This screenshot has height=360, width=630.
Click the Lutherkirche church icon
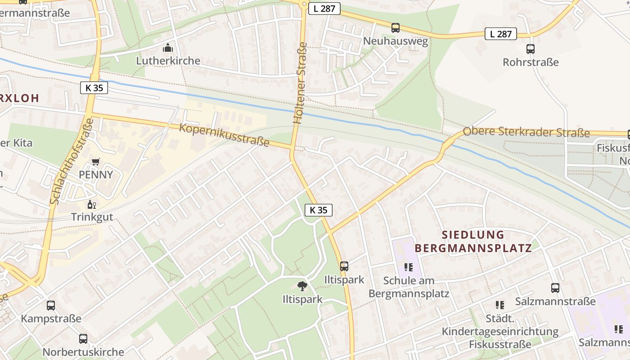pos(168,47)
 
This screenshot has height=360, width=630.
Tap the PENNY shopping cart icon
pos(95,162)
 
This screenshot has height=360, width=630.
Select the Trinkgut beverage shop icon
pos(92,205)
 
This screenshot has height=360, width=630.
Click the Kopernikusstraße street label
pos(224,135)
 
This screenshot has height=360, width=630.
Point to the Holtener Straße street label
pos(300,83)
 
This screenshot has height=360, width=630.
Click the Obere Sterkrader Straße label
pos(526,132)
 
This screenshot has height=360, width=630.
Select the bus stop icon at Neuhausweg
pos(395,28)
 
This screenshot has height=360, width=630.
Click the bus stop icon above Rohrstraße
pos(531,49)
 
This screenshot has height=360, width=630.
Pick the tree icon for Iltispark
pos(302,286)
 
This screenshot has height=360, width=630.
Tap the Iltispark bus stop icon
pos(344,266)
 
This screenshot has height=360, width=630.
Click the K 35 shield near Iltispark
pos(319,210)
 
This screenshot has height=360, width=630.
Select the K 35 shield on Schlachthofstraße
pos(94,88)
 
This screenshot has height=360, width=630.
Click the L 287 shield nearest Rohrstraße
pos(500,34)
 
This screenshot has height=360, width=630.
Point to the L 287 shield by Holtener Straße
pos(324,8)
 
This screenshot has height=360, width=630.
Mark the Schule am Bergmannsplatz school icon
pos(409,267)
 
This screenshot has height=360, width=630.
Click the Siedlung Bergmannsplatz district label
pos(472,241)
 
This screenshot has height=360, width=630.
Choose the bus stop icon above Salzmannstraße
pos(555,288)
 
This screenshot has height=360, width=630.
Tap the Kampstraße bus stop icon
pos(51,306)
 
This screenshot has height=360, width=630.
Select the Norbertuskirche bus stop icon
pos(83,339)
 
